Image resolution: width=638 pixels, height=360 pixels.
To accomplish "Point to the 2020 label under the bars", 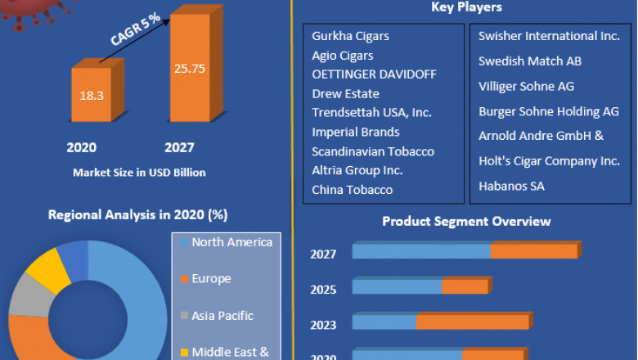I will (x=81, y=147).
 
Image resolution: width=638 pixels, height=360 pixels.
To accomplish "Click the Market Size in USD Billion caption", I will (x=139, y=172).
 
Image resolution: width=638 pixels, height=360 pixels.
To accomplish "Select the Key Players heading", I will (x=466, y=7).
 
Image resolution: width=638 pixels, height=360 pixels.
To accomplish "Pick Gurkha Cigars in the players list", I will (x=350, y=37).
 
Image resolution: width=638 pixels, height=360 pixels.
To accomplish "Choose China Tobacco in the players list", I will (x=352, y=189).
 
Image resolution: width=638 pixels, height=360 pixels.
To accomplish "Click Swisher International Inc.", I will (x=549, y=36).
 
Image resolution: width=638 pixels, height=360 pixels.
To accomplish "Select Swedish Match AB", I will (x=530, y=61).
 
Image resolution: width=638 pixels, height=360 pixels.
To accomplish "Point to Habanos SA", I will (x=511, y=187).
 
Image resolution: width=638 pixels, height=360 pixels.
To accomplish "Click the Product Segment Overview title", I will (x=466, y=221).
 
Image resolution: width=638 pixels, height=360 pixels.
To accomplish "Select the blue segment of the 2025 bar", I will (x=397, y=287).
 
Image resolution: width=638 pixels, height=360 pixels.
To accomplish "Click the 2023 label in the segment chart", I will (x=323, y=325).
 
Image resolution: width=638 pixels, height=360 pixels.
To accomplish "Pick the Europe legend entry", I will (x=210, y=279).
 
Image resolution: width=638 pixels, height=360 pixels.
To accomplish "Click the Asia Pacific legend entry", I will (x=222, y=316).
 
